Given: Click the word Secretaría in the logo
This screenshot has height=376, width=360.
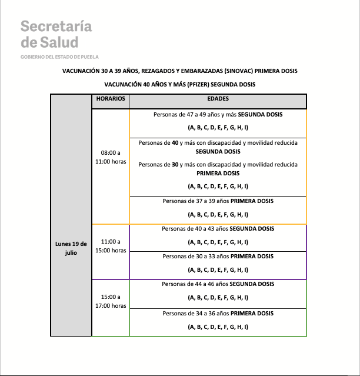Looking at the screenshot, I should tap(56, 26).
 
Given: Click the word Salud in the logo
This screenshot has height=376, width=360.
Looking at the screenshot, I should tap(58, 42).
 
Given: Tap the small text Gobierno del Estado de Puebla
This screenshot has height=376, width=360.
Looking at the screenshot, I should tap(59, 57).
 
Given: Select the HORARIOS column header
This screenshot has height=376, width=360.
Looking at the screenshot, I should tap(111, 99).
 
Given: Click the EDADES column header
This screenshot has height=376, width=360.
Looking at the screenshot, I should tap(218, 99).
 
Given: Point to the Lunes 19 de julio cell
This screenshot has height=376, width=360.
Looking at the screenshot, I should tap(71, 248).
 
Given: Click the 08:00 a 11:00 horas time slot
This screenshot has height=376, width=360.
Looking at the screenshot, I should tap(111, 157).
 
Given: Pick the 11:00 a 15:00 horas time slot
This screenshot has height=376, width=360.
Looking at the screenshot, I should tap(111, 246).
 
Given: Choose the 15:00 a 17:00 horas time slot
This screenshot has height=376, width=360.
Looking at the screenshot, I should tap(111, 301).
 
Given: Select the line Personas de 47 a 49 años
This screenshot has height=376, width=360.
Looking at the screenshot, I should tap(218, 115).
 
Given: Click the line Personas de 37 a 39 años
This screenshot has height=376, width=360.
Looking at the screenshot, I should tap(218, 201).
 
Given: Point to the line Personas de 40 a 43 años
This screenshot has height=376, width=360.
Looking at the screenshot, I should tap(218, 229).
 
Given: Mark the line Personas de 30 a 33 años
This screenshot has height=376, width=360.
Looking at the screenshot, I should tap(218, 257).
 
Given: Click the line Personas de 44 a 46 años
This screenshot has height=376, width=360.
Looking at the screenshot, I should tap(218, 284).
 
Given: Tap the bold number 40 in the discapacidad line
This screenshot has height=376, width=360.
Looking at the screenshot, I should tap(175, 143).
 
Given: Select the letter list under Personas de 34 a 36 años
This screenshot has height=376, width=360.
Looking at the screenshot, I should tap(218, 327).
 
